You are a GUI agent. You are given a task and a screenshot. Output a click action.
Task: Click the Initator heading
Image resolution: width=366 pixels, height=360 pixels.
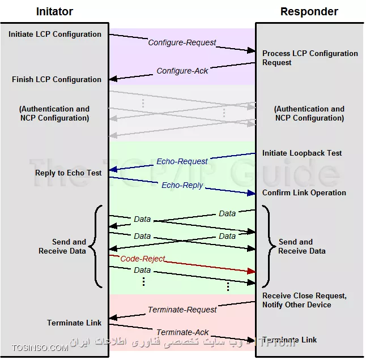pyautogui.click(x=54, y=11)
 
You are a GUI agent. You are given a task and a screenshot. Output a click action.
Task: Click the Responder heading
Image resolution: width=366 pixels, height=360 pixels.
pyautogui.click(x=309, y=11)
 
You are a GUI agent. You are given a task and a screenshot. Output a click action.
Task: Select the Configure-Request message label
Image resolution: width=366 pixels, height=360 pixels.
pyautogui.click(x=182, y=42)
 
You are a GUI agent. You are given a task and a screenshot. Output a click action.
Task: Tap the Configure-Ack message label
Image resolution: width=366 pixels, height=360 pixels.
pyautogui.click(x=182, y=71)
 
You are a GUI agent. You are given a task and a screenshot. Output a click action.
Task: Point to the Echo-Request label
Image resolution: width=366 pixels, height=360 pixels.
pyautogui.click(x=182, y=161)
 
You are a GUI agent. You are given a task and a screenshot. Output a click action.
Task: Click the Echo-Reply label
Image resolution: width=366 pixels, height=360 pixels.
pyautogui.click(x=182, y=185)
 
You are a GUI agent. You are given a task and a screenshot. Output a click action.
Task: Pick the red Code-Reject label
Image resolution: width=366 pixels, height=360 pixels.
pyautogui.click(x=143, y=259)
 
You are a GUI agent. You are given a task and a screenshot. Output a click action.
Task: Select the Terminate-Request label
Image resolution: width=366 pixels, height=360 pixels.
pyautogui.click(x=182, y=310)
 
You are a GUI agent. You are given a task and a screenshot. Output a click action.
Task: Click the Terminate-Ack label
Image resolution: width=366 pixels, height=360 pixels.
pyautogui.click(x=182, y=332)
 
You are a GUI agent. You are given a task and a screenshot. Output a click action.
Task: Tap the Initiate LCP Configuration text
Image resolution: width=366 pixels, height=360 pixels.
pyautogui.click(x=55, y=35)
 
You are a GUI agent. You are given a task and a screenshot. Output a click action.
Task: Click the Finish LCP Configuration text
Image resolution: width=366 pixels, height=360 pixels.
pyautogui.click(x=57, y=80)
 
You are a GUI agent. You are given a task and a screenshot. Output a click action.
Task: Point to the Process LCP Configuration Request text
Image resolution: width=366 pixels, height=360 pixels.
pyautogui.click(x=310, y=58)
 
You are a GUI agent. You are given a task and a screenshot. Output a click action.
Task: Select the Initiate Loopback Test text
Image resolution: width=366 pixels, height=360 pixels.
pyautogui.click(x=302, y=153)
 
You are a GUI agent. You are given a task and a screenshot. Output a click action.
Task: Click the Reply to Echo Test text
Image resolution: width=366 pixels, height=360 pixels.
pyautogui.click(x=69, y=173)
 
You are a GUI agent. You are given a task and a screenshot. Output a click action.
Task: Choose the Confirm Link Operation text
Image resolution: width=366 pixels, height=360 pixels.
pyautogui.click(x=304, y=192)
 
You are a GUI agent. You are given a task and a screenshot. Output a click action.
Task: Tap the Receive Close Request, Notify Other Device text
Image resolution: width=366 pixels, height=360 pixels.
pyautogui.click(x=304, y=300)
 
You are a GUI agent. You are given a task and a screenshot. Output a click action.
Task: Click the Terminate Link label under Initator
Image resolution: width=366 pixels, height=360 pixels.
pyautogui.click(x=74, y=323)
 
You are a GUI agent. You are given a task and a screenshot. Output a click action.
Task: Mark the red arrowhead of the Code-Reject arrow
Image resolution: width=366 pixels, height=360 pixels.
pyautogui.click(x=252, y=272)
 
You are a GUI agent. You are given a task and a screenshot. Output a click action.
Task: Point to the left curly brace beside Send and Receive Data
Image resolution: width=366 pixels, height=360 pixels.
pyautogui.click(x=97, y=246)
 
